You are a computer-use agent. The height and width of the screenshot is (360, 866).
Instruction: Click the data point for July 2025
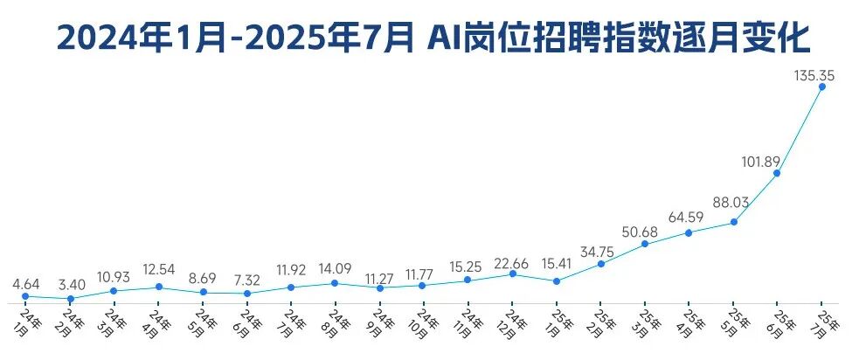click(821, 87)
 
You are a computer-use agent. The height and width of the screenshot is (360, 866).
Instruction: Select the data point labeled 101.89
click(777, 173)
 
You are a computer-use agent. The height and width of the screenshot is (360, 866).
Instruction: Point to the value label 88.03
click(731, 203)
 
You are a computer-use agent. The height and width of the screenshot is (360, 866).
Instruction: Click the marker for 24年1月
click(25, 296)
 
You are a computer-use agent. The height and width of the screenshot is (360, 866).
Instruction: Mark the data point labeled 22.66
click(512, 274)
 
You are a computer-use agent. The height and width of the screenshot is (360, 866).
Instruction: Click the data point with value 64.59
click(689, 232)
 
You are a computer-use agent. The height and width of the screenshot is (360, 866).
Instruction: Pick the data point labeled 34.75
click(600, 264)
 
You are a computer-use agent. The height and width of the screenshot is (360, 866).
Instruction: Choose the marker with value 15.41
click(557, 280)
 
